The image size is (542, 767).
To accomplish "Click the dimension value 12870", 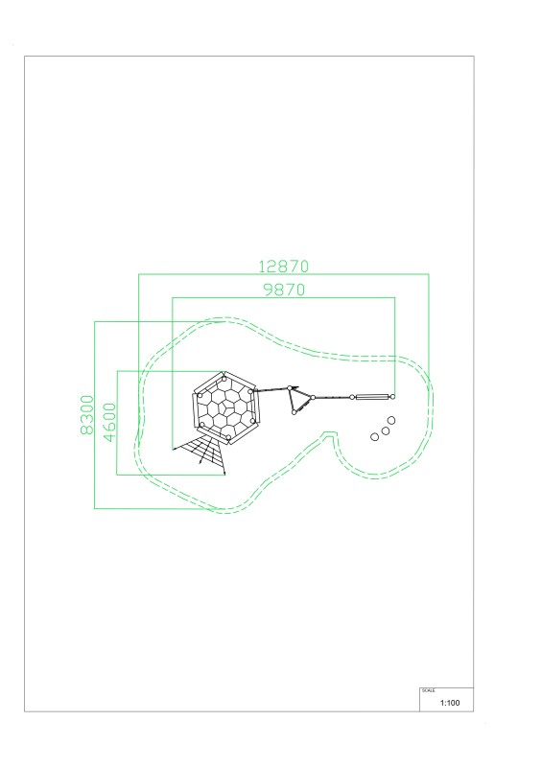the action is pos(284,267).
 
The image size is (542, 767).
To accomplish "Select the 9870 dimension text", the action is pos(284,290).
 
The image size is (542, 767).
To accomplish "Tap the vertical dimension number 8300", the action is pos(86,415).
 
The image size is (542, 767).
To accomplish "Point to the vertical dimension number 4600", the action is pos(110,422).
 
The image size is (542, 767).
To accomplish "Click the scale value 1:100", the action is pos(450,703).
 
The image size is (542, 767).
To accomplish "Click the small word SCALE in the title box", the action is pos(429,690).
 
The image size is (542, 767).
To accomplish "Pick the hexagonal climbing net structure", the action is pos(225,408).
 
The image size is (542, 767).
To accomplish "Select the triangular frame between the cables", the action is pos(300,400).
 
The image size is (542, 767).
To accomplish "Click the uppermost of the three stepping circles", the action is pos(391,420).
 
